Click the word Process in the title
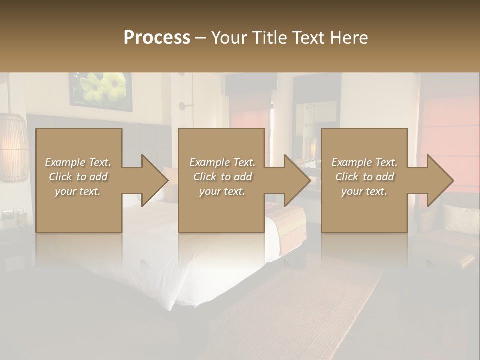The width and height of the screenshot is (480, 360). click(x=157, y=38)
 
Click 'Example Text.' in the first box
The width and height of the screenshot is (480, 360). click(x=78, y=162)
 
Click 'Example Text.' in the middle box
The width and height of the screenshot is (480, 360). click(x=222, y=162)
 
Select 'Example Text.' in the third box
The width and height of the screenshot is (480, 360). click(x=364, y=162)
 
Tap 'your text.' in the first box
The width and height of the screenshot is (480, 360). click(x=78, y=191)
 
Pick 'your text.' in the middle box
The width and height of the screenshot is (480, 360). click(x=222, y=191)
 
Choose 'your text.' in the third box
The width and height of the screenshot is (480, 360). click(x=364, y=191)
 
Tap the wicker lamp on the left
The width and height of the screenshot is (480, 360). click(x=13, y=147)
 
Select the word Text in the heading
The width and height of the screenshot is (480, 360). click(x=310, y=38)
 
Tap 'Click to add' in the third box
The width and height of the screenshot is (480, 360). click(x=364, y=177)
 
